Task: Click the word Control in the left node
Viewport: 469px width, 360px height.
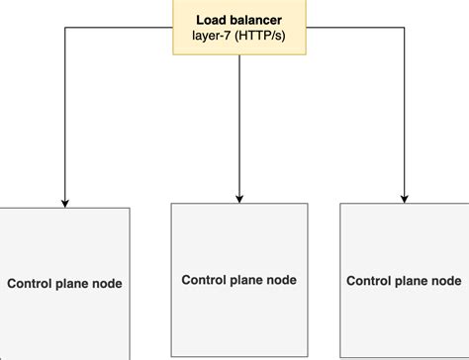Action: (x=31, y=284)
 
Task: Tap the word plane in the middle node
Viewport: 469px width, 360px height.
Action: (x=247, y=280)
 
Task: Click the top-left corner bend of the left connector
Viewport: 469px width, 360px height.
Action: (x=65, y=28)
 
